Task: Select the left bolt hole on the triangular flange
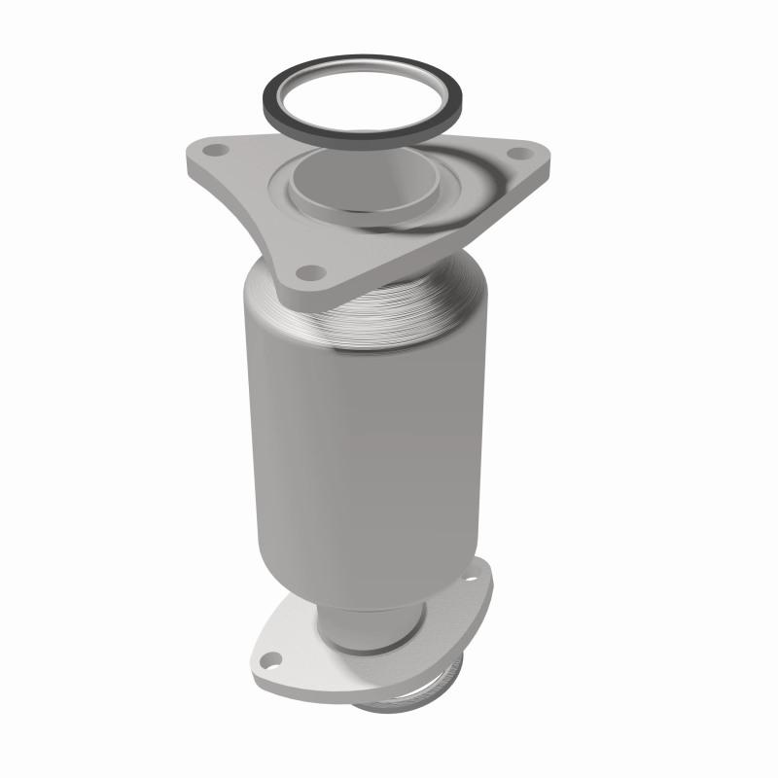(216, 150)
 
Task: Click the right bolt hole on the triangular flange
(518, 153)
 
